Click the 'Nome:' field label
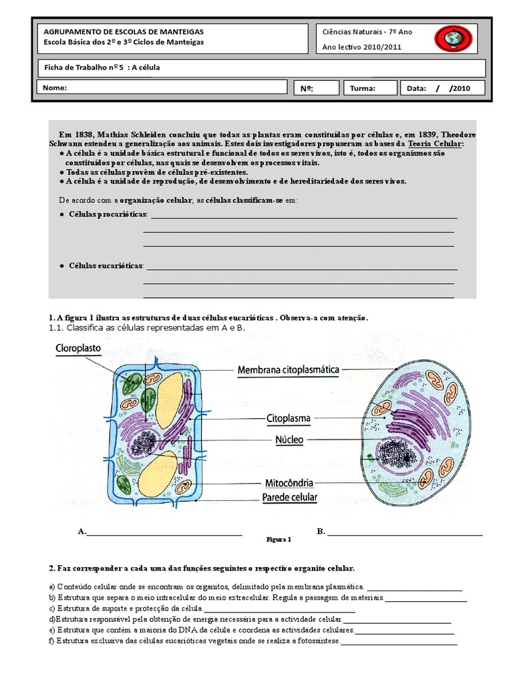pos(55,88)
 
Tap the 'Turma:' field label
pos(363,88)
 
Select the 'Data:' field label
pos(415,88)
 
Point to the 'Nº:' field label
pos(307,88)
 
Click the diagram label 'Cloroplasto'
pos(81,348)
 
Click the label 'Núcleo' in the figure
pos(289,440)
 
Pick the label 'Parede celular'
pos(289,498)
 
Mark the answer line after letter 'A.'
pos(164,533)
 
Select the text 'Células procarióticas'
pos(108,214)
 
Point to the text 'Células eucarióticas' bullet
pos(106,266)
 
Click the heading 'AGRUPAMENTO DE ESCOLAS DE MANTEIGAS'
pos(124,31)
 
